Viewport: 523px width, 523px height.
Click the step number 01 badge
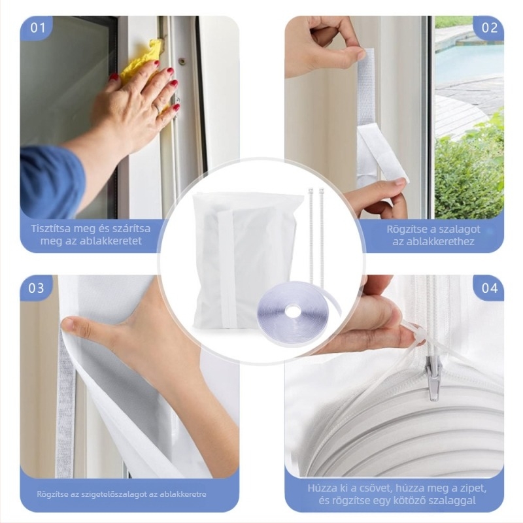[37, 28]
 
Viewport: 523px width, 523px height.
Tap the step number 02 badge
[489, 28]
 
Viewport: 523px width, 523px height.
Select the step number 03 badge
[37, 288]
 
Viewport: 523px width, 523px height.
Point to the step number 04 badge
[489, 288]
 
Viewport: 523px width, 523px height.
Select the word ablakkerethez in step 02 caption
[433, 241]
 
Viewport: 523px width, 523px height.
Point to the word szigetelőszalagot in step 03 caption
[114, 494]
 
